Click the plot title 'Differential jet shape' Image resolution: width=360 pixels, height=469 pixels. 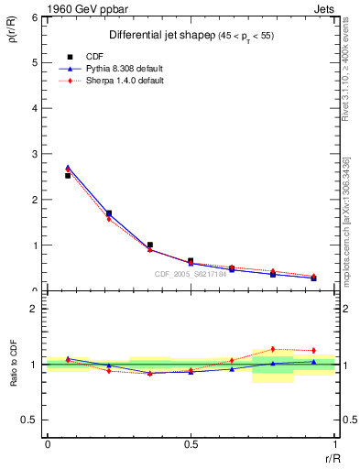tap(154, 35)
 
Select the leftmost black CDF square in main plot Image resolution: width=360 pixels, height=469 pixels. tap(68, 175)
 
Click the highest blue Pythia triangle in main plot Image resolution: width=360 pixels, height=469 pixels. tap(68, 168)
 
